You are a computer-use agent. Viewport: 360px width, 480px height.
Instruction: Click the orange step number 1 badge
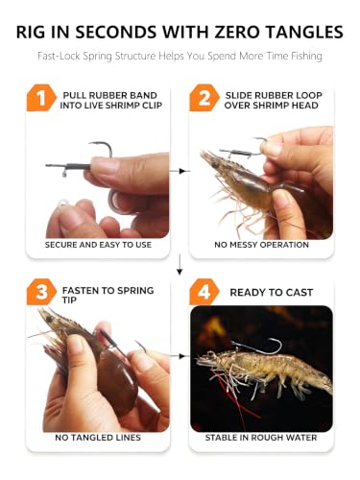tap(41, 98)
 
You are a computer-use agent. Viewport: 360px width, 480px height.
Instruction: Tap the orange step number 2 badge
tap(204, 98)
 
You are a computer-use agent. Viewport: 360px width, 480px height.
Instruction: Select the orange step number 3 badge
tap(41, 292)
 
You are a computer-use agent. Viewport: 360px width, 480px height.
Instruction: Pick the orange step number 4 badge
tap(204, 292)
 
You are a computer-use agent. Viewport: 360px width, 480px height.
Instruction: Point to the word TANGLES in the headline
tap(304, 32)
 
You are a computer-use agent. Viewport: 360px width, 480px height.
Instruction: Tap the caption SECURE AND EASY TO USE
tap(98, 245)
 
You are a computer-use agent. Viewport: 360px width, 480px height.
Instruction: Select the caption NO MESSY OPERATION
tap(261, 245)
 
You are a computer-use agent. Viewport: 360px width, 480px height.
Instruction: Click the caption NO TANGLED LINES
tap(98, 438)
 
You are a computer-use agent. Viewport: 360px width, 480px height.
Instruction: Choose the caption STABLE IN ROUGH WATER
tap(261, 438)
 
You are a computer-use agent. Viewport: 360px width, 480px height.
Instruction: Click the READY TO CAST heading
tap(272, 292)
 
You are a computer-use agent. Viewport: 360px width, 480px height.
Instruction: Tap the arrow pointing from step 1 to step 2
tap(180, 171)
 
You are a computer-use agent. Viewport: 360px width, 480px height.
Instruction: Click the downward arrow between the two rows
tap(180, 264)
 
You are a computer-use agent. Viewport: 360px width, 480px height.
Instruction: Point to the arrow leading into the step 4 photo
tap(180, 356)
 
